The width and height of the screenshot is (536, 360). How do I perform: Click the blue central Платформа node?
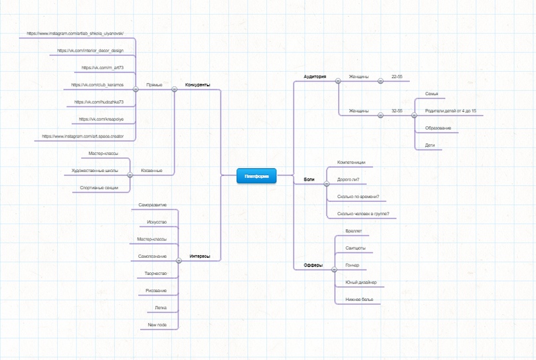pyautogui.click(x=256, y=176)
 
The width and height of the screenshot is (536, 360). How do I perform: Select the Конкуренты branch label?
pyautogui.click(x=197, y=85)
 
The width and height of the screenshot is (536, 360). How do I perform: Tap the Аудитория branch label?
pyautogui.click(x=315, y=77)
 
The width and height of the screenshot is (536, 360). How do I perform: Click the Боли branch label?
pyautogui.click(x=310, y=179)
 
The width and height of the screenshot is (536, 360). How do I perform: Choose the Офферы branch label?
pyautogui.click(x=313, y=265)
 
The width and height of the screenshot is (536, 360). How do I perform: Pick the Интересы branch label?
pyautogui.click(x=199, y=256)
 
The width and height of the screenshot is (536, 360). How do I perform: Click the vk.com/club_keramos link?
pyautogui.click(x=97, y=85)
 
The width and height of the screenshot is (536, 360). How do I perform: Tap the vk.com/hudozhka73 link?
pyautogui.click(x=99, y=102)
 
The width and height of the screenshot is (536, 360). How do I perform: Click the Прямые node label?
pyautogui.click(x=154, y=85)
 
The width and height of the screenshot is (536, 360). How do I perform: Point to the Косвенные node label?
pyautogui.click(x=151, y=171)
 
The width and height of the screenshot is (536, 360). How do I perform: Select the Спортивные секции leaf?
pyautogui.click(x=99, y=188)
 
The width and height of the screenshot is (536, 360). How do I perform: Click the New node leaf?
pyautogui.click(x=157, y=325)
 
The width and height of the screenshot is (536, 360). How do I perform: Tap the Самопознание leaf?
pyautogui.click(x=152, y=256)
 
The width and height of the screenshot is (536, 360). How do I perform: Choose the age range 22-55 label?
pyautogui.click(x=397, y=77)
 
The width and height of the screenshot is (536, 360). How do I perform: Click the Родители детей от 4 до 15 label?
pyautogui.click(x=450, y=111)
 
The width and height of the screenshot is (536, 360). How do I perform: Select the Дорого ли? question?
pyautogui.click(x=348, y=179)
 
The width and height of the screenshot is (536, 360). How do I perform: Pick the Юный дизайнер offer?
pyautogui.click(x=361, y=282)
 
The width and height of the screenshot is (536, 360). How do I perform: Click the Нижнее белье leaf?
pyautogui.click(x=359, y=300)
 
